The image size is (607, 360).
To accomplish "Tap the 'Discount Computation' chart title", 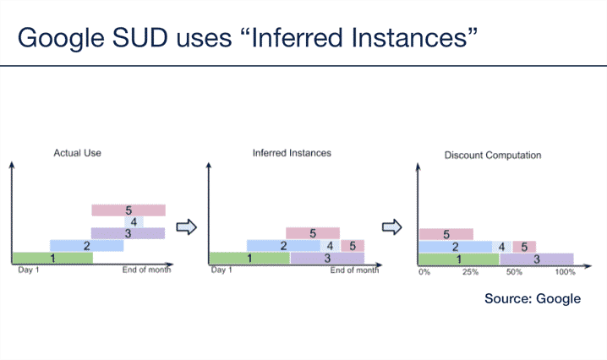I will [x=493, y=155].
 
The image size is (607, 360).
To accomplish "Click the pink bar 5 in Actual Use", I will [x=129, y=210].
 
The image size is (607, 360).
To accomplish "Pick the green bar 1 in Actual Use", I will [x=52, y=258].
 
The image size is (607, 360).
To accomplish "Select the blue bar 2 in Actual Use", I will [x=86, y=246].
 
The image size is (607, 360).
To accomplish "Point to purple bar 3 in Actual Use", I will [x=128, y=233].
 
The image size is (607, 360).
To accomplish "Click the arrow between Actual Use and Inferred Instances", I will [x=185, y=226].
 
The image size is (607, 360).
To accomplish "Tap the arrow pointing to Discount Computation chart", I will [x=391, y=226].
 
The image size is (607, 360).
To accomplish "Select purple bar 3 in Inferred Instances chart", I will [x=327, y=258].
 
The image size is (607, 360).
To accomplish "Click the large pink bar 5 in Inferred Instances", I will [x=313, y=233].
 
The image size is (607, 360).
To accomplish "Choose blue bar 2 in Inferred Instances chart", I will [x=283, y=246].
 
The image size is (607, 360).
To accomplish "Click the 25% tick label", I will [x=470, y=273].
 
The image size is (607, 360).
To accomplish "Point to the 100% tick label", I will [x=565, y=273].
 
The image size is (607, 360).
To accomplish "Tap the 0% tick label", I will [x=424, y=273].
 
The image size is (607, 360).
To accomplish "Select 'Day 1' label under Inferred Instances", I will [x=221, y=270].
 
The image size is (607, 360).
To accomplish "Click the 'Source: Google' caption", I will [x=533, y=299].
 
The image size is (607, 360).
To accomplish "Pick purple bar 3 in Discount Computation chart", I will [x=536, y=259].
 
